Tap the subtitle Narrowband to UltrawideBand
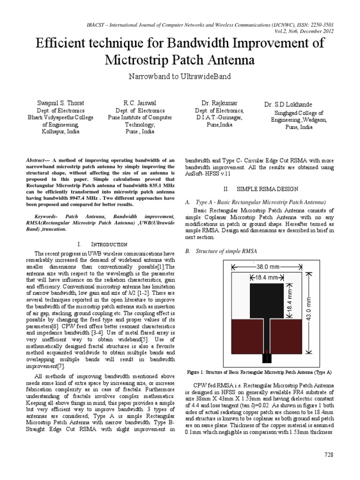pyautogui.click(x=180, y=76)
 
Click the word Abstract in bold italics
pyautogui.click(x=38, y=160)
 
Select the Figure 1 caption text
pyautogui.click(x=259, y=372)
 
